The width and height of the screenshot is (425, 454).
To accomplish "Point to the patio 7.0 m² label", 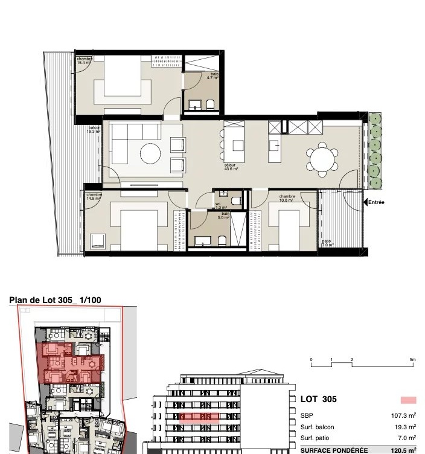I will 327,243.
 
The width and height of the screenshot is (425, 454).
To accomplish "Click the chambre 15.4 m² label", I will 83,60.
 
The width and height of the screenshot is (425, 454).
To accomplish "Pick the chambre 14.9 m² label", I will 94,196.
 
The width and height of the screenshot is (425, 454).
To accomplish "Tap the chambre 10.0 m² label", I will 287,198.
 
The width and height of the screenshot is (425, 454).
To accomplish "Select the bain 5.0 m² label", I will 224,216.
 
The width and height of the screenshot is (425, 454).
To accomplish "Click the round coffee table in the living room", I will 150,153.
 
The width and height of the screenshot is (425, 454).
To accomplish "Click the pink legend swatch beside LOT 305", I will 408,400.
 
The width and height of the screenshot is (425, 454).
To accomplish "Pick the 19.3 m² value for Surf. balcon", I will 404,427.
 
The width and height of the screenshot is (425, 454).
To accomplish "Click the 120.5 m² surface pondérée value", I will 403,450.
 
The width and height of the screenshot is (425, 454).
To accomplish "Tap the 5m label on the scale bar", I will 412,360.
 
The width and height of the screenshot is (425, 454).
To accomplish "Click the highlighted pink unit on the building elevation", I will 199,417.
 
